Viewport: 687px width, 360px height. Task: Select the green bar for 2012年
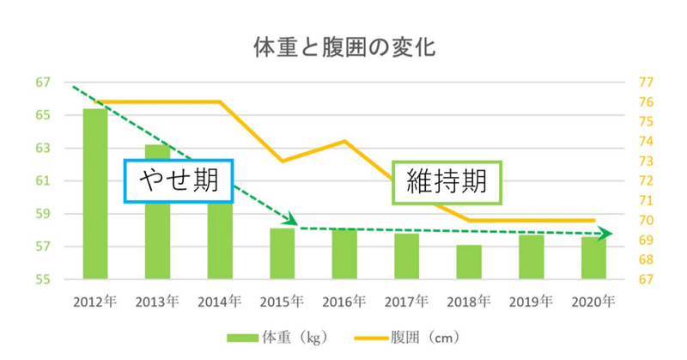click(x=95, y=193)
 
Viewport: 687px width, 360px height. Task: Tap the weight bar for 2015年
click(x=282, y=253)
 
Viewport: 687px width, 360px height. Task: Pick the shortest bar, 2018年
click(x=469, y=262)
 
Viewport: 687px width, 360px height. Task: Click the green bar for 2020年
click(x=593, y=258)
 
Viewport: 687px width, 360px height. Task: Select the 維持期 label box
click(x=447, y=183)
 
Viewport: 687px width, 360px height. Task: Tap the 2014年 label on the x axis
click(x=220, y=302)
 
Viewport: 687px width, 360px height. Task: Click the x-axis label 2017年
click(x=407, y=302)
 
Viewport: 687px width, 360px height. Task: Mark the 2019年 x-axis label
click(x=532, y=302)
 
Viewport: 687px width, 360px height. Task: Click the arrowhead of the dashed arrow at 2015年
click(x=292, y=223)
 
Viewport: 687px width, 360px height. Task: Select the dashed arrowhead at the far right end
click(x=606, y=233)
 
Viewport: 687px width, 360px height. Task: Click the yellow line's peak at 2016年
click(x=344, y=141)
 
